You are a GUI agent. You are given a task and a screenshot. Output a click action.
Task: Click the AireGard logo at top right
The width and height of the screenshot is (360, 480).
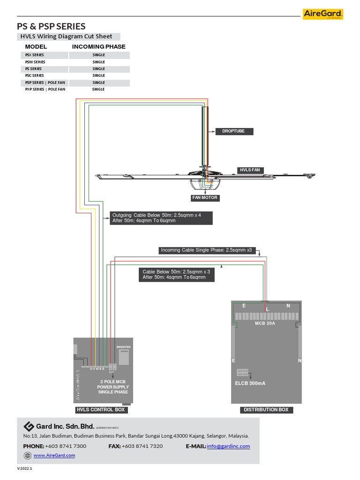(x=323, y=15)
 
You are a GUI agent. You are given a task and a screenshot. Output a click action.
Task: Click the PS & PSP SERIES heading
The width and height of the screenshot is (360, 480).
(x=51, y=26)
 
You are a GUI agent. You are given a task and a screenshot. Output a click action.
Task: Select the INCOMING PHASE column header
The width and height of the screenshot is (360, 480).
(x=98, y=47)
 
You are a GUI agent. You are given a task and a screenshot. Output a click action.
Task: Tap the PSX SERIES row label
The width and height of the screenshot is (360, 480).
(x=35, y=55)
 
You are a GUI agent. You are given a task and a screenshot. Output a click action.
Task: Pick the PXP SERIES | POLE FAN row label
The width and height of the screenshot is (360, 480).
(x=45, y=89)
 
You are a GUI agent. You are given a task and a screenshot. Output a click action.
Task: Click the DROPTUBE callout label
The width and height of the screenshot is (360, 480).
(x=233, y=132)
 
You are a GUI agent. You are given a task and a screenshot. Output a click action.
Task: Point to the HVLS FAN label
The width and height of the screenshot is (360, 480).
(x=249, y=170)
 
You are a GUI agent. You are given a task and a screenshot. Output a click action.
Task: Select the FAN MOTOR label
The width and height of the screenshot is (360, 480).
(x=205, y=198)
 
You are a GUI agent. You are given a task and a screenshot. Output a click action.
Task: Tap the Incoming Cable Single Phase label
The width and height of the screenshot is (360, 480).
(x=206, y=250)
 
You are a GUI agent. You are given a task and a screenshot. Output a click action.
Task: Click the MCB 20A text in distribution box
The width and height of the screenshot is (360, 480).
(x=265, y=323)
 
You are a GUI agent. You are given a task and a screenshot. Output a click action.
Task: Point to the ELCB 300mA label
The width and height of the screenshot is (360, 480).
(x=250, y=383)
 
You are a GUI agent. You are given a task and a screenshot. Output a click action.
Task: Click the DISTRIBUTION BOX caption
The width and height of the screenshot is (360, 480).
(x=266, y=410)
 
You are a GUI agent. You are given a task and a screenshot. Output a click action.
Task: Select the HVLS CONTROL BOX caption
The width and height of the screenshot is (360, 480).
(x=101, y=410)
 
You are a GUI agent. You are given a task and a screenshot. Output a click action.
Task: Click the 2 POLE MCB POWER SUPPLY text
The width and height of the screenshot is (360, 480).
(x=112, y=387)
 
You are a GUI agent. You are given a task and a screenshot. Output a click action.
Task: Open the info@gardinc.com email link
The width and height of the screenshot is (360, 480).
(x=228, y=446)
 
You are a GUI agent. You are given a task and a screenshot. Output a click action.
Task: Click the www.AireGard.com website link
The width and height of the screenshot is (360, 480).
(x=54, y=455)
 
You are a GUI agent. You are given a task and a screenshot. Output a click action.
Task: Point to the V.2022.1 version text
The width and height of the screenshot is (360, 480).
(x=25, y=468)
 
